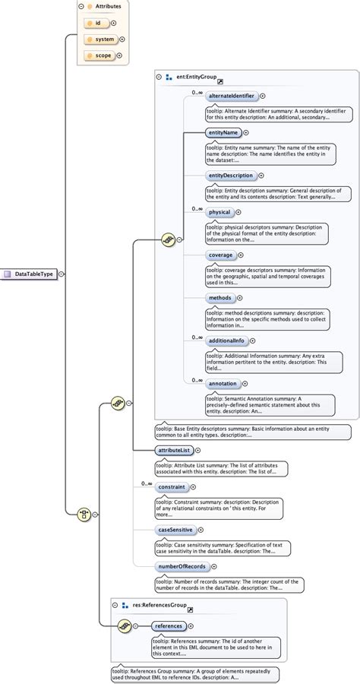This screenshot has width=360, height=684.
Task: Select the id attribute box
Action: click(97, 23)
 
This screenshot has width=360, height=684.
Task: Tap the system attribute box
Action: click(101, 39)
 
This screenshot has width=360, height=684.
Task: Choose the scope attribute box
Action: click(101, 55)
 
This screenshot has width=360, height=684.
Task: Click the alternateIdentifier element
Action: click(231, 96)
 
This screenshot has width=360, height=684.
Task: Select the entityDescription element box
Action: click(231, 175)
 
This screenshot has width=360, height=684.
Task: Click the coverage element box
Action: click(221, 255)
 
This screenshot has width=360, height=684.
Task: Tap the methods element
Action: click(219, 298)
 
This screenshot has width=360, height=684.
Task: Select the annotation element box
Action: click(223, 383)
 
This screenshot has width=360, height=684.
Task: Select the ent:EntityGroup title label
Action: click(196, 77)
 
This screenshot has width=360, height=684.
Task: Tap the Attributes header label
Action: click(106, 5)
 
